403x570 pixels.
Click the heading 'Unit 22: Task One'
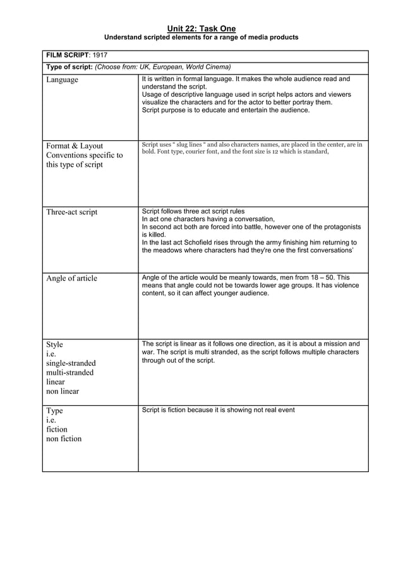pos(201,28)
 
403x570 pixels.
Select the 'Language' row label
pos(62,80)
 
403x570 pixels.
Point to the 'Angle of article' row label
pos(71,278)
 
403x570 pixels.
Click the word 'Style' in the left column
pos(55,344)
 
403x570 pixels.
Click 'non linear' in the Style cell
pos(63,391)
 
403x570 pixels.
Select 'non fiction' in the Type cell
pos(64,439)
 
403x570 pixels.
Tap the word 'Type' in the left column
pos(55,411)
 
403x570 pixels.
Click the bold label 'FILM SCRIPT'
pos(68,56)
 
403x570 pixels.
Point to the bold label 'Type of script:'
pos(69,67)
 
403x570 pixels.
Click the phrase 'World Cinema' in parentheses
pos(208,67)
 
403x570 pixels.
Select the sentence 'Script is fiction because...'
pos(218,410)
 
